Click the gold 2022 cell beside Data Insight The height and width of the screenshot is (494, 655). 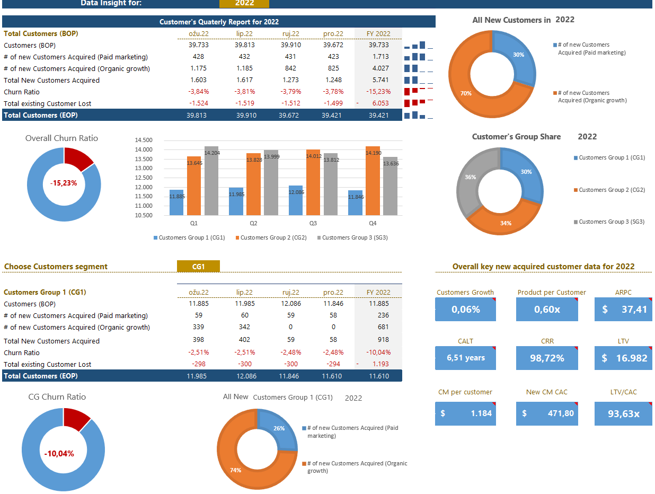coord(244,3)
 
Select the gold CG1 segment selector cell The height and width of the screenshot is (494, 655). coord(198,267)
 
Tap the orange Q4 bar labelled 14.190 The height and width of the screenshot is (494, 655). coord(373,180)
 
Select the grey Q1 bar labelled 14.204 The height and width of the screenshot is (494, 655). coord(211,180)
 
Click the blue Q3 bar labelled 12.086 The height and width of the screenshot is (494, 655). coord(296,200)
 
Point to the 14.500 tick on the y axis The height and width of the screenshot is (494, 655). coord(144,140)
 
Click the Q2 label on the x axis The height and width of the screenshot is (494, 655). coord(253,224)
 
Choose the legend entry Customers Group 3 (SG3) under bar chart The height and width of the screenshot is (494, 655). coord(355,237)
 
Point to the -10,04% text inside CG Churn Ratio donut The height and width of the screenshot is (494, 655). coord(59,454)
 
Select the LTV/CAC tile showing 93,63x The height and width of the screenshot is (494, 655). coord(623,413)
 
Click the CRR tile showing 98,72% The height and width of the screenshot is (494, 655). coord(547,358)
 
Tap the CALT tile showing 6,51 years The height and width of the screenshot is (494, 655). coord(465,358)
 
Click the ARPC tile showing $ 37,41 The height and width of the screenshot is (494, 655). coord(624,310)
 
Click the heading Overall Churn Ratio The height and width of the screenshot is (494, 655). coord(61,138)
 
